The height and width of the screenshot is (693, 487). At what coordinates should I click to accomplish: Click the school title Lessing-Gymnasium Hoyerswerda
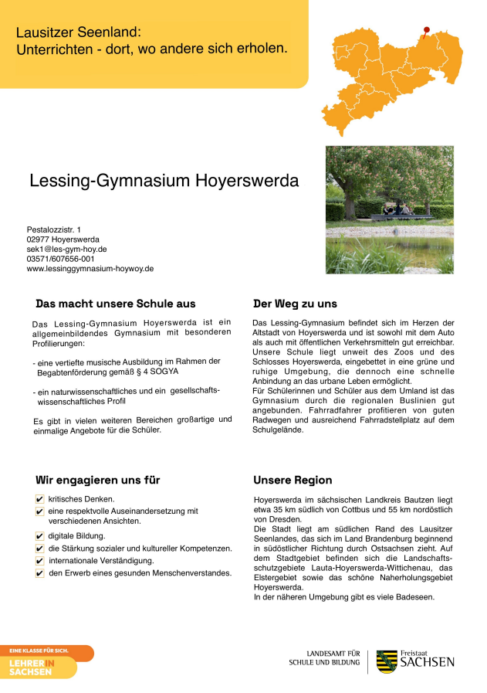click(x=164, y=181)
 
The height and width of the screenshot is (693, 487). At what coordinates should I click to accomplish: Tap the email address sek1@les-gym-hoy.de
click(x=66, y=250)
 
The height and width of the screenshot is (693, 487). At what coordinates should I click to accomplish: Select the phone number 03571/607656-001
click(x=61, y=259)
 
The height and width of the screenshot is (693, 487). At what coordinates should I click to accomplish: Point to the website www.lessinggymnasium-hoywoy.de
click(x=90, y=269)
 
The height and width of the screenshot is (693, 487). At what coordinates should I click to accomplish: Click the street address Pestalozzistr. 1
click(x=53, y=230)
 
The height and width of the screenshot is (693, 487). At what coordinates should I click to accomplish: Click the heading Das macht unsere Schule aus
click(x=116, y=304)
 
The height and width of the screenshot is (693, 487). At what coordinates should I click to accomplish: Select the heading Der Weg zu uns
click(x=295, y=304)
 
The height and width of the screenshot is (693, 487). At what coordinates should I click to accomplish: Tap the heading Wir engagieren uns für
click(x=98, y=480)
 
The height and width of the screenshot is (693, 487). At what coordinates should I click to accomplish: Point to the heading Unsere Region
click(x=293, y=480)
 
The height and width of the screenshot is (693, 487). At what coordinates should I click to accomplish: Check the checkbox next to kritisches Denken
click(x=39, y=499)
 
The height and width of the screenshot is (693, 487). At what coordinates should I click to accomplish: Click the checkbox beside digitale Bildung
click(x=39, y=535)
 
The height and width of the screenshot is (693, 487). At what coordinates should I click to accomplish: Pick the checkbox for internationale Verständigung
click(x=39, y=560)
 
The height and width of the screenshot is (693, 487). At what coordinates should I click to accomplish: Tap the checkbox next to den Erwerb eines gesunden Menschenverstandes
click(x=39, y=573)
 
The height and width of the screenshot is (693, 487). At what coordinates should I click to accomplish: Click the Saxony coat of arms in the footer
click(x=387, y=661)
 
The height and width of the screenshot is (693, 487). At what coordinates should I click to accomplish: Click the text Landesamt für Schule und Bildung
click(x=324, y=657)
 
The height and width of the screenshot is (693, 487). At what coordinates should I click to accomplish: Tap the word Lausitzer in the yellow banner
click(x=46, y=32)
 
